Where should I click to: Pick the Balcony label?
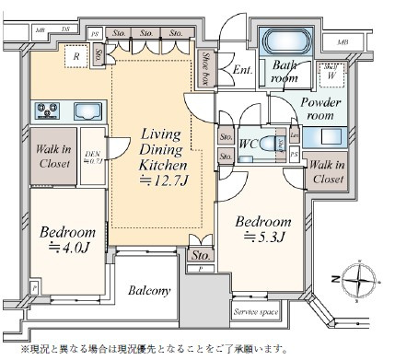click(149, 292)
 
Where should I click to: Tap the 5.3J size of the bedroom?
click(264, 241)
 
